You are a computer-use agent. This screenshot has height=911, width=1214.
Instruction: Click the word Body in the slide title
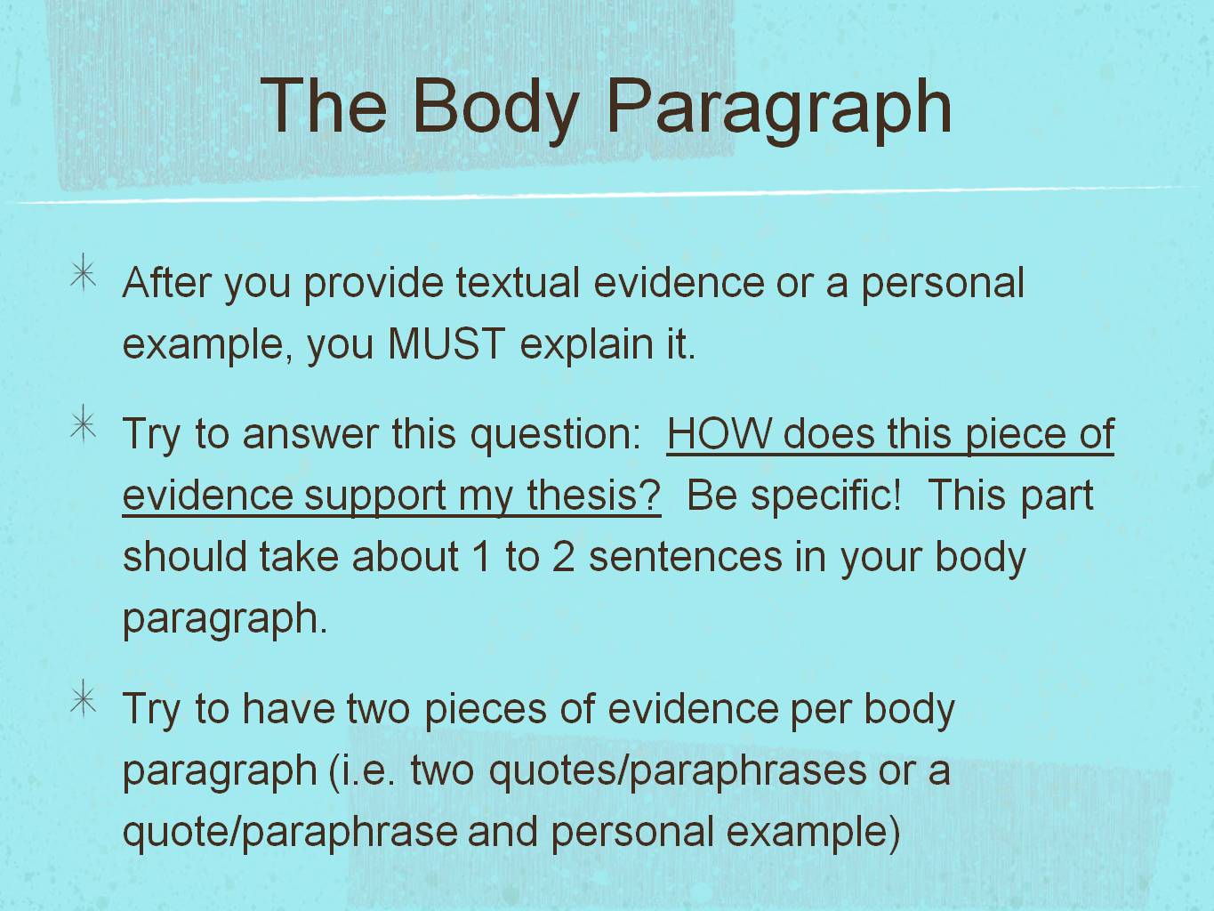click(x=494, y=107)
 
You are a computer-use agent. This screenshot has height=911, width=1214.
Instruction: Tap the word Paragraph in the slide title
click(x=779, y=107)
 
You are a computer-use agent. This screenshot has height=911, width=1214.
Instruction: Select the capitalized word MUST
click(x=446, y=344)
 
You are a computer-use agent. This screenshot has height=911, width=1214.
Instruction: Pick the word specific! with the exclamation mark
click(x=826, y=496)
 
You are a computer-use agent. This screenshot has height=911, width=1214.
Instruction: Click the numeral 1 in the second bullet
click(x=481, y=557)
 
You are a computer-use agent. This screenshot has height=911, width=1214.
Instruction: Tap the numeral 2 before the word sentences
click(x=563, y=557)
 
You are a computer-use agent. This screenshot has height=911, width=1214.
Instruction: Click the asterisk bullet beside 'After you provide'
click(x=83, y=273)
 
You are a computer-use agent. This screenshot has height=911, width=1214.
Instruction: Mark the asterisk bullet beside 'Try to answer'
click(x=83, y=424)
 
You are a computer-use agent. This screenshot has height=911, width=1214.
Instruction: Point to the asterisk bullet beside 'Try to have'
click(x=83, y=700)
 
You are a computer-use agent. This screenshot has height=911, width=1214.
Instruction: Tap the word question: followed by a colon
click(x=556, y=434)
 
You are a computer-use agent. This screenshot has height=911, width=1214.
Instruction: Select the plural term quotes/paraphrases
click(x=677, y=770)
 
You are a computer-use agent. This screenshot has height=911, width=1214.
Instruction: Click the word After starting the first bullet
click(x=166, y=283)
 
